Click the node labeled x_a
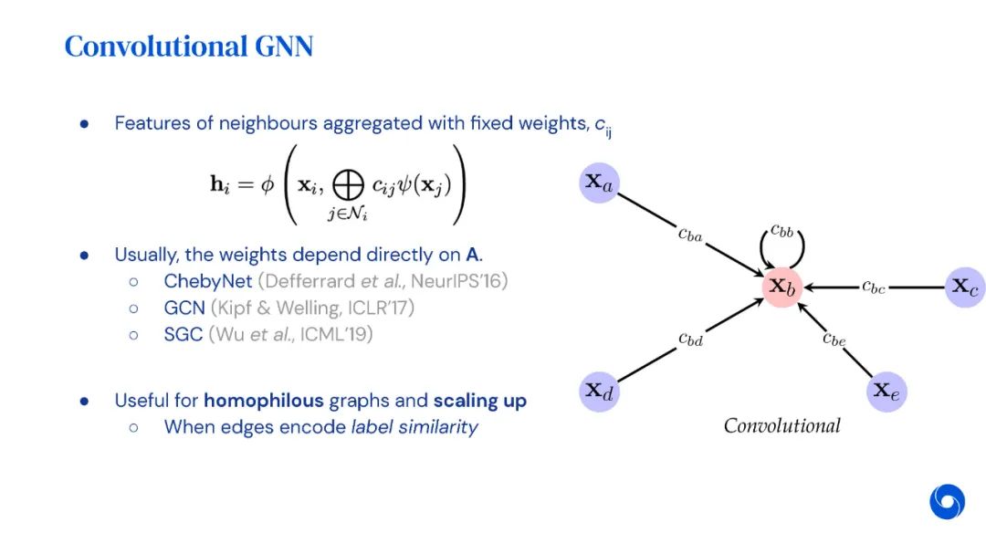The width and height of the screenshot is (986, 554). (600, 183)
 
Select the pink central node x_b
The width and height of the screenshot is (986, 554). (782, 287)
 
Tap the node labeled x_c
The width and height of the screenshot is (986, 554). (965, 287)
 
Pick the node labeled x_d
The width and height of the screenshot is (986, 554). (600, 392)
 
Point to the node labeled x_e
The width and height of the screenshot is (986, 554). (886, 392)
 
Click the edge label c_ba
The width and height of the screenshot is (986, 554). (690, 235)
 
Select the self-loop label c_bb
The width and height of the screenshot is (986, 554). (782, 230)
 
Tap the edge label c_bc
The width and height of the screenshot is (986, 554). (874, 287)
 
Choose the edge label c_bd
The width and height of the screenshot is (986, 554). (691, 339)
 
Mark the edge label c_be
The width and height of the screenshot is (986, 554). (834, 340)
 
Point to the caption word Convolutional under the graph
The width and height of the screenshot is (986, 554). (781, 425)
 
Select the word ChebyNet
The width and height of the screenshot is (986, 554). (208, 281)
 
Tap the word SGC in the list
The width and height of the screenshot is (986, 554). (184, 334)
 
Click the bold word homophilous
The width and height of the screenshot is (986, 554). (263, 401)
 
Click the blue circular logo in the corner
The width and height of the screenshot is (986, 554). (948, 502)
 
